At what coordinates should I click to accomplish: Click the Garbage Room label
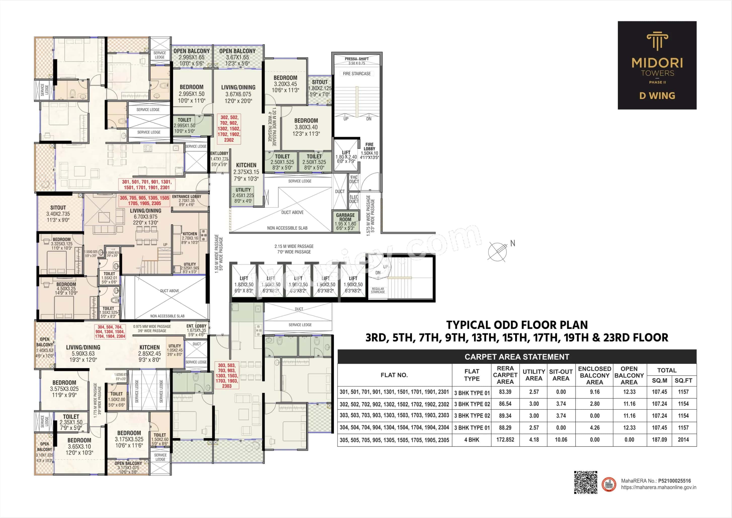pyautogui.click(x=345, y=217)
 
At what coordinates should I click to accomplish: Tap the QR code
pyautogui.click(x=586, y=482)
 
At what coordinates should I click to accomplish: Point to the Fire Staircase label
pyautogui.click(x=357, y=74)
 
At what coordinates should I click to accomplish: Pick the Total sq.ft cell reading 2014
pyautogui.click(x=683, y=440)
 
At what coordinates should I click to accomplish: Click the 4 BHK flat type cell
pyautogui.click(x=472, y=440)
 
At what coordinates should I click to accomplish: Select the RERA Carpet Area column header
pyautogui.click(x=505, y=375)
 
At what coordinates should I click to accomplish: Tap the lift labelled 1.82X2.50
pyautogui.click(x=244, y=284)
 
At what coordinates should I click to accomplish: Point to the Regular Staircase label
pyautogui.click(x=378, y=290)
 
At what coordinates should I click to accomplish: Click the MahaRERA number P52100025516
pyautogui.click(x=674, y=481)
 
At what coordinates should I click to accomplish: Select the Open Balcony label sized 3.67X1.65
pyautogui.click(x=237, y=57)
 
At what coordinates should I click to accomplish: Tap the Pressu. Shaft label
pyautogui.click(x=357, y=59)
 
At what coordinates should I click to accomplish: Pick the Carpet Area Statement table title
pyautogui.click(x=516, y=357)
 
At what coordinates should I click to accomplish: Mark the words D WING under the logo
pyautogui.click(x=657, y=96)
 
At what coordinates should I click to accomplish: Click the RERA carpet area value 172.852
pyautogui.click(x=505, y=440)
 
